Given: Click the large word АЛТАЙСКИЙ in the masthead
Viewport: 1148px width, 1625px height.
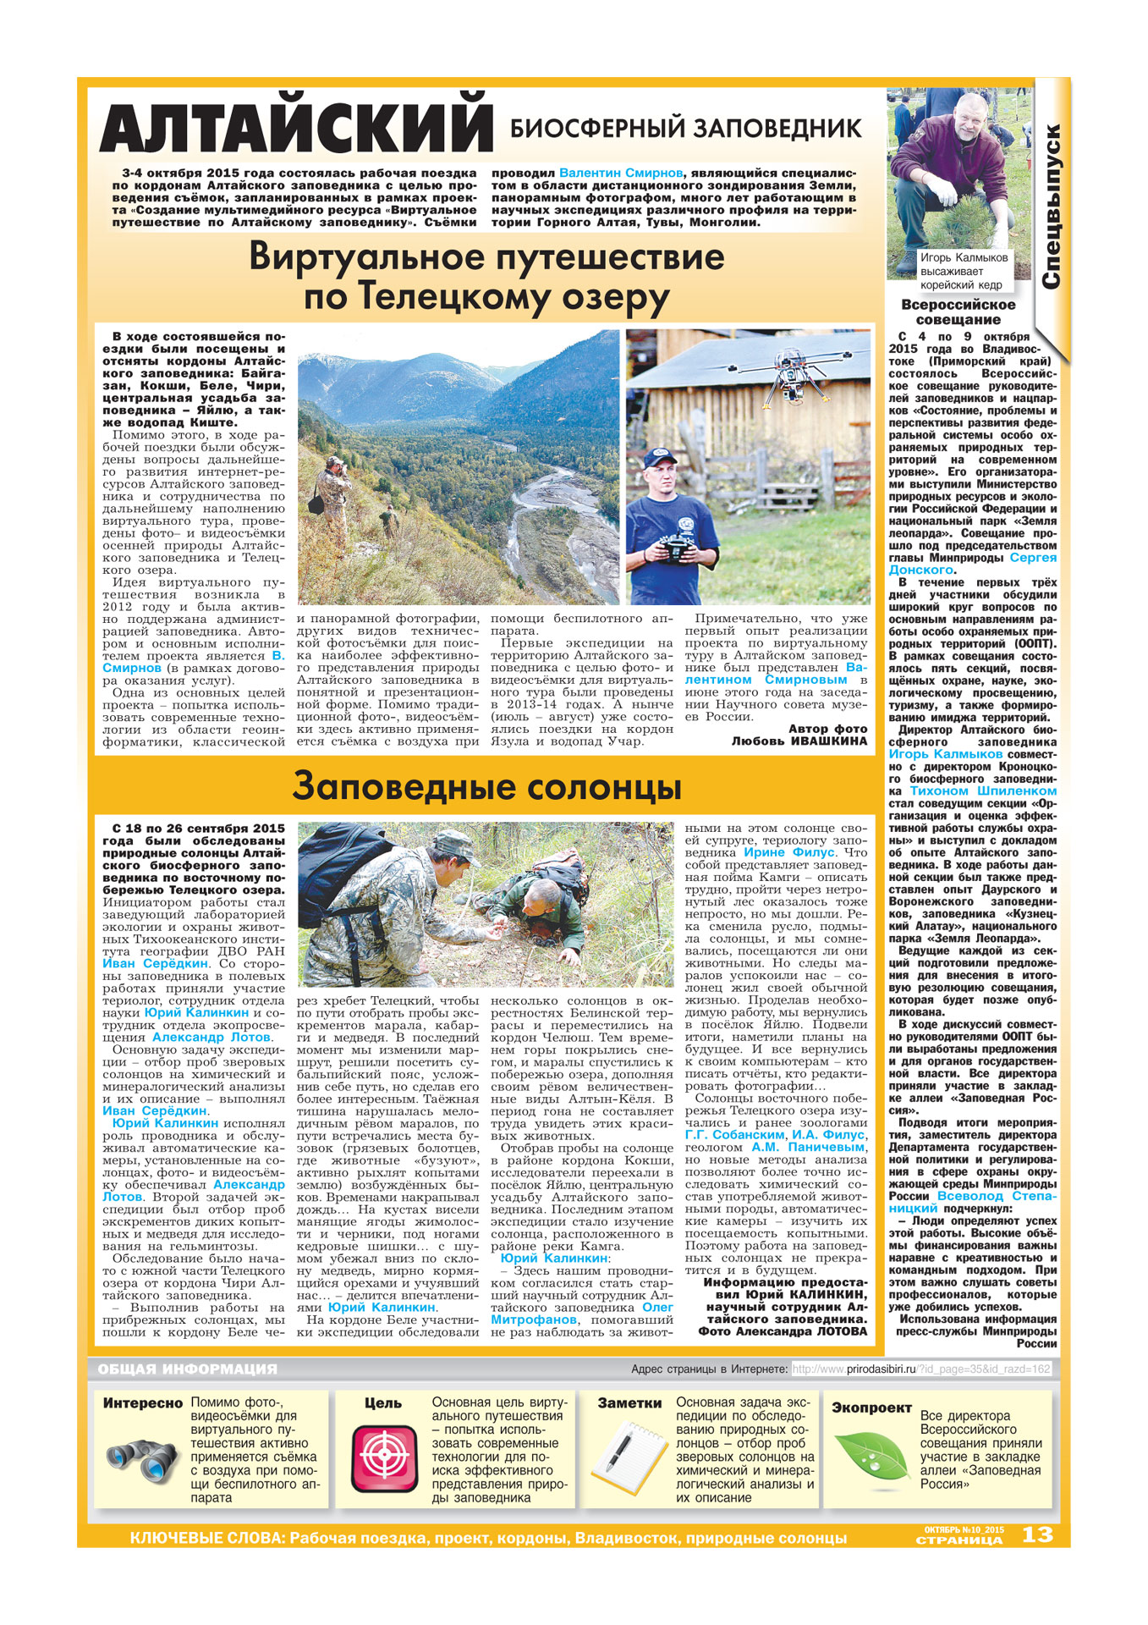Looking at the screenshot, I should [296, 129].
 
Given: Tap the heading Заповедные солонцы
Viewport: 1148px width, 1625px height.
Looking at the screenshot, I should [486, 787].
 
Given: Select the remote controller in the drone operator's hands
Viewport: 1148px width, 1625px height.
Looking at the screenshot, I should [679, 551].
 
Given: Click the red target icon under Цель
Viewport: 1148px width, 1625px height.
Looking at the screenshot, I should [385, 1457].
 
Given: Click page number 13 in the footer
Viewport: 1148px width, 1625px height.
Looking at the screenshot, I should [1037, 1534].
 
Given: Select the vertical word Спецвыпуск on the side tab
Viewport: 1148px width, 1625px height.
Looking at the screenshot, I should [1051, 207].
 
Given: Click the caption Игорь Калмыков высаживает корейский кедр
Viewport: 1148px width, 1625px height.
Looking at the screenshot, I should [964, 271].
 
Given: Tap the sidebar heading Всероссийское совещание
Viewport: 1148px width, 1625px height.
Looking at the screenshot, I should [958, 312].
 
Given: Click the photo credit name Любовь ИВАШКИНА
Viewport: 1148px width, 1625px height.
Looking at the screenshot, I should [799, 741].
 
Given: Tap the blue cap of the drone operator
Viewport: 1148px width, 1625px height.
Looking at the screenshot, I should [660, 458].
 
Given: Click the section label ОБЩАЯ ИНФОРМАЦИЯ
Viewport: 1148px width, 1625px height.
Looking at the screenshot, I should [187, 1369].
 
